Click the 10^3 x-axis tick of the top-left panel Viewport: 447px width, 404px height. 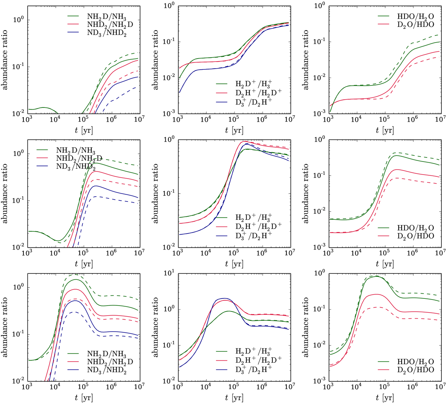point(26,119)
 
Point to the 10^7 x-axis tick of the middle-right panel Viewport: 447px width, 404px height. point(440,253)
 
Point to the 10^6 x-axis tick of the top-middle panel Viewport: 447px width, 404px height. point(261,119)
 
